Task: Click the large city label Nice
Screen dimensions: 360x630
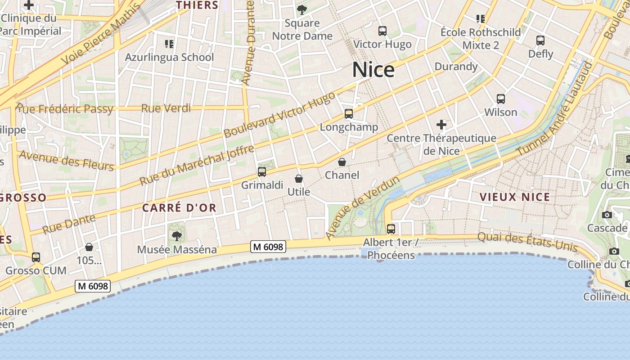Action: pyautogui.click(x=373, y=70)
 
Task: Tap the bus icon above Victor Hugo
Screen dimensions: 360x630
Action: pyautogui.click(x=382, y=31)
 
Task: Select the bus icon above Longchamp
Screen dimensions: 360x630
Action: pyautogui.click(x=349, y=114)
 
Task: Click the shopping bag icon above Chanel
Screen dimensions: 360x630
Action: pyautogui.click(x=342, y=162)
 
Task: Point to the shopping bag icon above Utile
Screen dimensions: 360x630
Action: pyautogui.click(x=299, y=179)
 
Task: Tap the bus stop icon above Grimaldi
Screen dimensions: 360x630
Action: pyautogui.click(x=262, y=172)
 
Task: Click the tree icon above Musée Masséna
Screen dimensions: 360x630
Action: pyautogui.click(x=177, y=236)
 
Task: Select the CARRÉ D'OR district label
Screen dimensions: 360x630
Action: pyautogui.click(x=180, y=208)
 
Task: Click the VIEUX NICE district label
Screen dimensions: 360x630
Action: pyautogui.click(x=515, y=197)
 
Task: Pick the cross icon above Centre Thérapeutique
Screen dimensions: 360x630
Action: pyautogui.click(x=441, y=125)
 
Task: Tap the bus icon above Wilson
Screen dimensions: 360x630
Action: pyautogui.click(x=501, y=99)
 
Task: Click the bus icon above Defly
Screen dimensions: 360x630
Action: pyautogui.click(x=540, y=40)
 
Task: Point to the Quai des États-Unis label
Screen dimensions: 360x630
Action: pyautogui.click(x=527, y=242)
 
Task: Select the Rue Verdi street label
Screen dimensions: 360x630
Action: pyautogui.click(x=166, y=108)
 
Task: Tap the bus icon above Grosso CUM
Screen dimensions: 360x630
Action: pyautogui.click(x=36, y=257)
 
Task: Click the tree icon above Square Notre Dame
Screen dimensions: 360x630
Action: pyautogui.click(x=302, y=10)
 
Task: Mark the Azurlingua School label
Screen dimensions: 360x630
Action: pyautogui.click(x=169, y=57)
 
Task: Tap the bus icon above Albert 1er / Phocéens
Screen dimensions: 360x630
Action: pyautogui.click(x=391, y=229)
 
